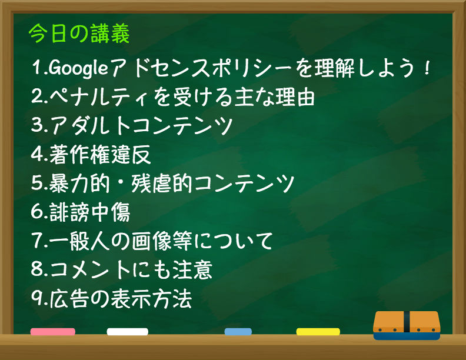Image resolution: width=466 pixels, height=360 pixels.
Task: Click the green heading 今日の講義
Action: pyautogui.click(x=79, y=34)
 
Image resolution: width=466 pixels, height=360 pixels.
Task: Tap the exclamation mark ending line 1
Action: pyautogui.click(x=427, y=68)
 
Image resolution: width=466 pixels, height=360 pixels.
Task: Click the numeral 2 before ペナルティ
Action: pyautogui.click(x=37, y=96)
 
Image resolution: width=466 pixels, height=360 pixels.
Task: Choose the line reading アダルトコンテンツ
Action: pyautogui.click(x=141, y=125)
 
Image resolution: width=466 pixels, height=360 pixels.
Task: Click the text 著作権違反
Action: pyautogui.click(x=100, y=154)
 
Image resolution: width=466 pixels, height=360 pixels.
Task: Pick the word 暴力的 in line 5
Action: pyautogui.click(x=79, y=183)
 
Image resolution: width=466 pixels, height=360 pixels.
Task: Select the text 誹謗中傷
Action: pyautogui.click(x=90, y=212)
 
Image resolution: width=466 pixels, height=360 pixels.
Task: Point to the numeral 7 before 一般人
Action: pyautogui.click(x=37, y=241)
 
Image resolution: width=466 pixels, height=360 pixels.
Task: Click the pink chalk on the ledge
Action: pyautogui.click(x=52, y=332)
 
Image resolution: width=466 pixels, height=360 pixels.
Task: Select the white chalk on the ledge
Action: pyautogui.click(x=128, y=332)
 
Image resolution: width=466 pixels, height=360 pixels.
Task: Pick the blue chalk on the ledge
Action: pyautogui.click(x=238, y=332)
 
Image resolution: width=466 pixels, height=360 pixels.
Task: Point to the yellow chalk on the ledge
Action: pyautogui.click(x=318, y=332)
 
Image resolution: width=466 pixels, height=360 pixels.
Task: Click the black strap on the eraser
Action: pyautogui.click(x=407, y=322)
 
